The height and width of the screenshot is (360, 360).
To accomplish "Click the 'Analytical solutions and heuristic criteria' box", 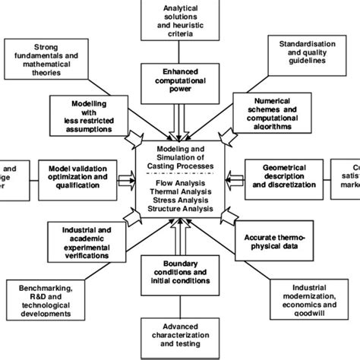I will tap(180, 21).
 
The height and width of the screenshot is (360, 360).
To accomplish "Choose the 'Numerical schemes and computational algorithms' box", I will tap(271, 114).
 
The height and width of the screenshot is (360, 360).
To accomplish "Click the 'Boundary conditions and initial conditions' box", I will tap(179, 271).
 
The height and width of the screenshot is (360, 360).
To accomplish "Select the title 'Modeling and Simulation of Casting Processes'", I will tap(179, 156).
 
